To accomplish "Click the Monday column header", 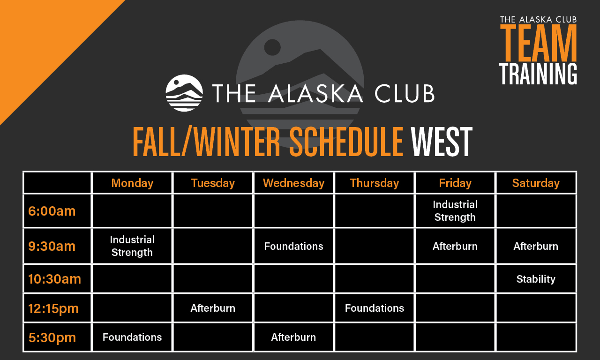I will (132, 183).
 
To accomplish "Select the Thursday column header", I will (374, 183).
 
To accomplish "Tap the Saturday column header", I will (536, 183).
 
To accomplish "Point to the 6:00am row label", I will (52, 211).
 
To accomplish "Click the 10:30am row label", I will (54, 279).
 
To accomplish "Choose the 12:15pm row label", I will (53, 308).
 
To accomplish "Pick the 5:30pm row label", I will (52, 337).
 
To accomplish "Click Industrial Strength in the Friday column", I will (455, 211).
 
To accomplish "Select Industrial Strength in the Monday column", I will (132, 246).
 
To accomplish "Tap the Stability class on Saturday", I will (536, 279).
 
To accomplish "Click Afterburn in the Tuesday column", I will (213, 308).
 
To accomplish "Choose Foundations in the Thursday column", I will (374, 308).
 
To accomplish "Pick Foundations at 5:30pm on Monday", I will (132, 337).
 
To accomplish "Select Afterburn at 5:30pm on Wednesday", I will (293, 337).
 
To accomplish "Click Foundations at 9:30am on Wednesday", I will (293, 246).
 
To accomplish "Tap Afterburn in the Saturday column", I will (536, 246).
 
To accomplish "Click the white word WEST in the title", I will (441, 142).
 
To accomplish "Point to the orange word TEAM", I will (538, 43).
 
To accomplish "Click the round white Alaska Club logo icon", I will (184, 93).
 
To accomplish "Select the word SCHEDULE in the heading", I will (346, 142).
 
